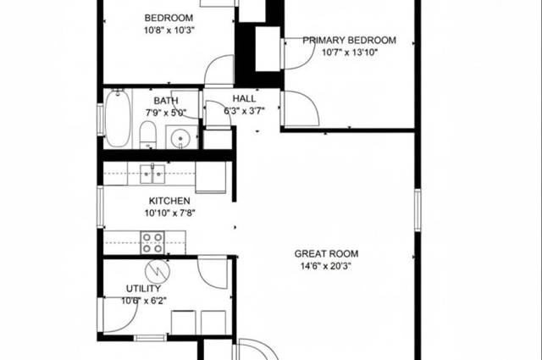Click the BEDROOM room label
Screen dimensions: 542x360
(x=169, y=18)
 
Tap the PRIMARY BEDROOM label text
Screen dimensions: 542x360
(x=350, y=41)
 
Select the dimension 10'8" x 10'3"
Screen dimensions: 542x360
(x=169, y=30)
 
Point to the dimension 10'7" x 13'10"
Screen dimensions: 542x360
(x=350, y=53)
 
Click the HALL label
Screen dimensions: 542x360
(x=245, y=98)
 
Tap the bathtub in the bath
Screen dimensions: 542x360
(x=118, y=118)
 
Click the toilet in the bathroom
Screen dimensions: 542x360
(x=148, y=135)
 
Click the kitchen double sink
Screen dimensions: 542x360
(x=152, y=174)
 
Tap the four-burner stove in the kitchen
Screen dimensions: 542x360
(x=152, y=243)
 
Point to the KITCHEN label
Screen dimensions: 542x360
(x=169, y=201)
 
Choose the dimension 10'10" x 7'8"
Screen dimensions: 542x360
(x=170, y=213)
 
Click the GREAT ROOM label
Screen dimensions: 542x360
(x=326, y=254)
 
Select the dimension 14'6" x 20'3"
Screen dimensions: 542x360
(x=326, y=266)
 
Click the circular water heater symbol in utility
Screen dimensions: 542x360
(x=158, y=271)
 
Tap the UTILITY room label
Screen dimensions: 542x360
(x=143, y=289)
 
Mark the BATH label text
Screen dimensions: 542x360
(x=166, y=101)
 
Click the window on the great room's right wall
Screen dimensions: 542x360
(x=418, y=210)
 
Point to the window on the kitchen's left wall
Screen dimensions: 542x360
(x=100, y=207)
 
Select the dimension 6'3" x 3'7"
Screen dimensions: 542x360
(x=245, y=111)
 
